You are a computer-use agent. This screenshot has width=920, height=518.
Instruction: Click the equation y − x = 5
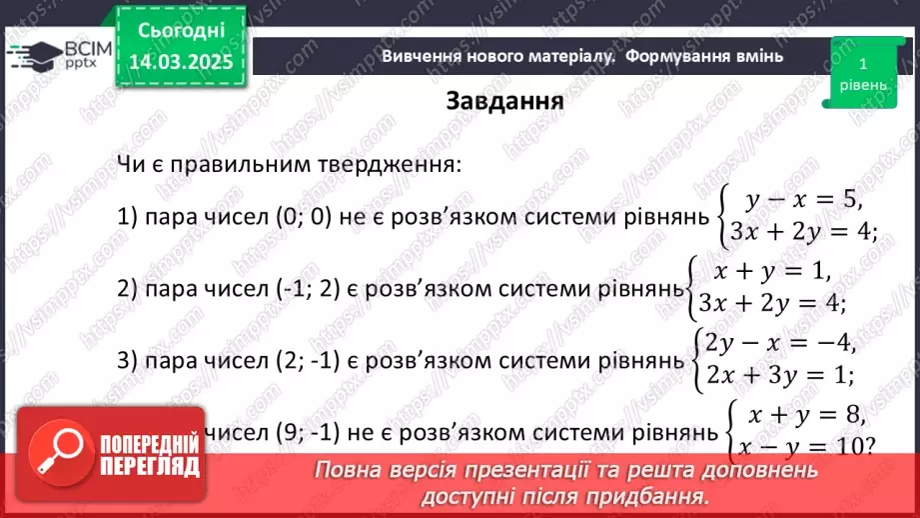pyautogui.click(x=804, y=200)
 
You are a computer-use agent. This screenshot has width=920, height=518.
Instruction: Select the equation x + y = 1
pyautogui.click(x=771, y=269)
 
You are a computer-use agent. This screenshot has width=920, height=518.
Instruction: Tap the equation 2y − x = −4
pyautogui.click(x=780, y=343)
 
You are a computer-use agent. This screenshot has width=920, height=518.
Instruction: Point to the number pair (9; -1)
pyautogui.click(x=295, y=433)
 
